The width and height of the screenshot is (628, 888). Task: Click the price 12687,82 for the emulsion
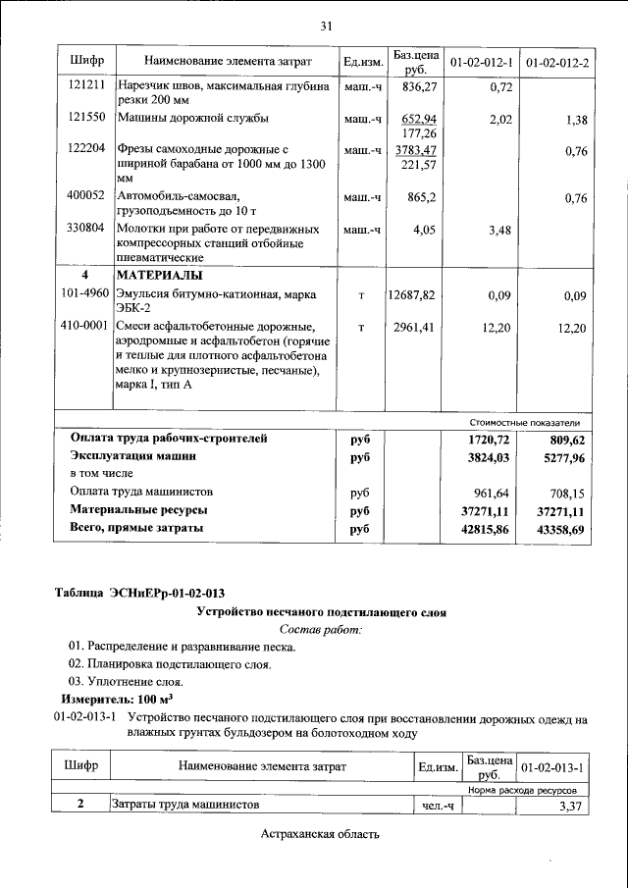[418, 294]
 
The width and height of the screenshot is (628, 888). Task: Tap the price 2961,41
[419, 327]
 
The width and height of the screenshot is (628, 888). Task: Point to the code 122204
[86, 150]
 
